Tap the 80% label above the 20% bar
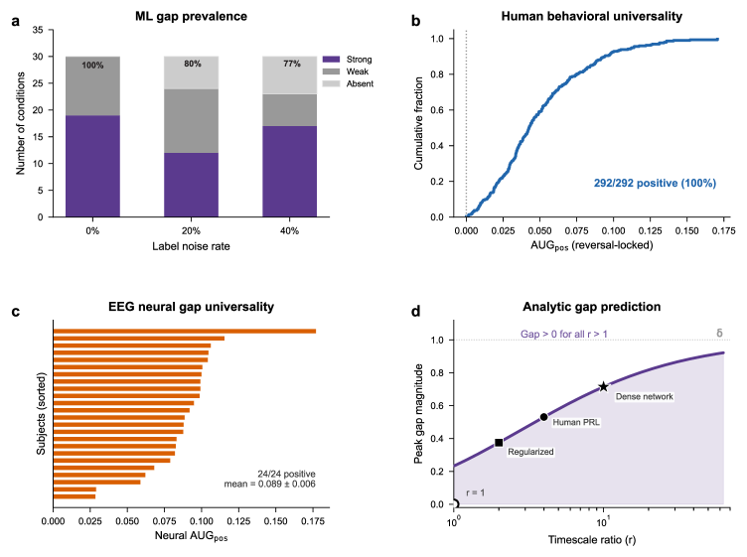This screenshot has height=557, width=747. click(x=192, y=65)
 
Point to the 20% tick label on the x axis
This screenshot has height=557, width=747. click(x=192, y=230)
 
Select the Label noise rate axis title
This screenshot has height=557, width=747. click(x=192, y=247)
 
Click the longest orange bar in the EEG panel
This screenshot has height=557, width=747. click(x=185, y=332)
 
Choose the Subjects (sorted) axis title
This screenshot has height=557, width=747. click(x=39, y=411)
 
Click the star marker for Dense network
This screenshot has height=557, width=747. click(x=603, y=386)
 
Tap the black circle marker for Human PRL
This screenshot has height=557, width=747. click(x=543, y=418)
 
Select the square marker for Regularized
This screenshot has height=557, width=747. click(x=499, y=443)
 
